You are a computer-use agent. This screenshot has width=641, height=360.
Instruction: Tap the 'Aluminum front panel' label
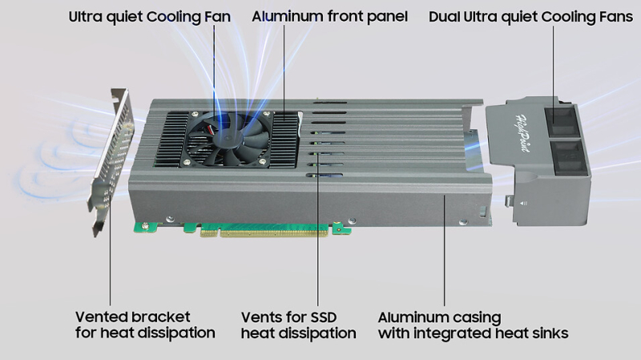[329, 16]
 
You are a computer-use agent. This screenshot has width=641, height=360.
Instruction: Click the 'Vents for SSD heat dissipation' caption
[298, 325]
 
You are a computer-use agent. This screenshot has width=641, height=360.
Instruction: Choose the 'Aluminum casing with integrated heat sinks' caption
[473, 325]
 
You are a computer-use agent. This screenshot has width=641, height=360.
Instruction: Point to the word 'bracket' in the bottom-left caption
[163, 317]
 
